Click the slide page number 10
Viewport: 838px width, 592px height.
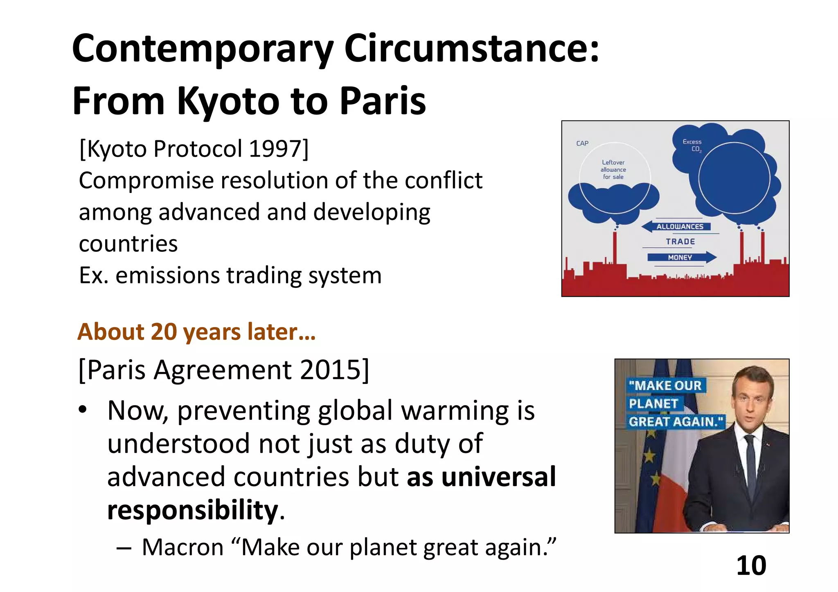pyautogui.click(x=751, y=566)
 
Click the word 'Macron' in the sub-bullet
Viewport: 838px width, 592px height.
pyautogui.click(x=182, y=547)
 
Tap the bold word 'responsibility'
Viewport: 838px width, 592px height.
pyautogui.click(x=193, y=510)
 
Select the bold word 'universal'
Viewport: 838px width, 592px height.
pyautogui.click(x=499, y=477)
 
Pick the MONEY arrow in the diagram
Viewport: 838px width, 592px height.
pyautogui.click(x=681, y=257)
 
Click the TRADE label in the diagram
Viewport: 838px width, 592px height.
pyautogui.click(x=680, y=242)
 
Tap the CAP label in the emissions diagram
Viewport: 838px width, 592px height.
pyautogui.click(x=582, y=144)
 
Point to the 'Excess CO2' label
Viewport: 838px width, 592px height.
pyautogui.click(x=692, y=146)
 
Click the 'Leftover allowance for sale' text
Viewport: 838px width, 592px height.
pyautogui.click(x=613, y=170)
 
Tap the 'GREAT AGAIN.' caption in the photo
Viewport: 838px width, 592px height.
pyautogui.click(x=676, y=422)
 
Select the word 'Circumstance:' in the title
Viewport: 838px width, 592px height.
pyautogui.click(x=472, y=48)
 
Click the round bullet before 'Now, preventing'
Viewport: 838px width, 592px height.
pyautogui.click(x=83, y=410)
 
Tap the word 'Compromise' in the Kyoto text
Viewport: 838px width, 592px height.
pyautogui.click(x=146, y=180)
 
